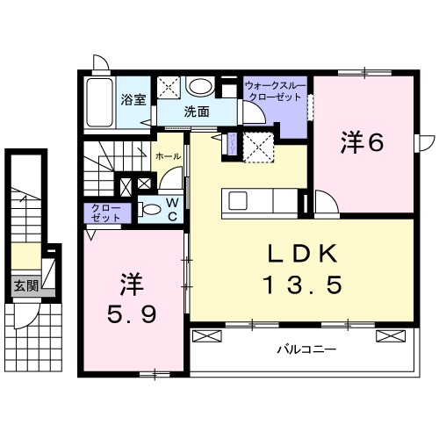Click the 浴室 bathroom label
pos(134,98)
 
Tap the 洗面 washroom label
pos(197,112)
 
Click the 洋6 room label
pos(363,142)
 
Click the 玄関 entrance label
pos(25,285)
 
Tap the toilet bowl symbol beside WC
pos(151,209)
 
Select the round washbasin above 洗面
pos(201,86)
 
